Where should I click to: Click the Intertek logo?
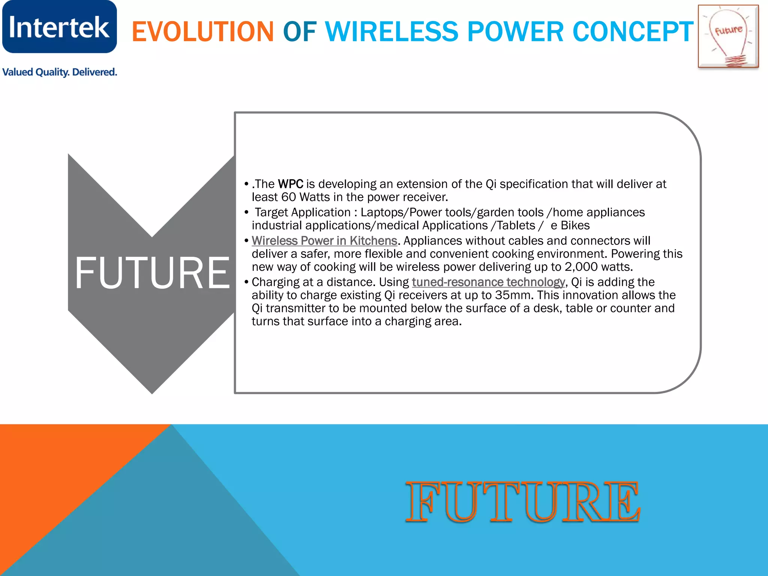[x=59, y=27]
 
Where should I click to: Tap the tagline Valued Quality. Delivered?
[x=60, y=72]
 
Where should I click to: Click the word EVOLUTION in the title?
[x=203, y=31]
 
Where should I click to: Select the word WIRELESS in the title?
[x=391, y=31]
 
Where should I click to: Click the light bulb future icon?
[x=728, y=36]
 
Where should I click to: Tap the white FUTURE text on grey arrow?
[x=152, y=273]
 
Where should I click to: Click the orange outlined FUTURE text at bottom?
[x=523, y=502]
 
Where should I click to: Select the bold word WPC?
[x=291, y=184]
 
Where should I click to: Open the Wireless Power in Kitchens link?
[x=324, y=241]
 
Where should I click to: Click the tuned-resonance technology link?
[x=488, y=282]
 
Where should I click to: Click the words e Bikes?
[x=570, y=226]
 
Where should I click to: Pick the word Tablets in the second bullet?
[x=516, y=226]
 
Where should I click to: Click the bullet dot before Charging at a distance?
[x=246, y=282]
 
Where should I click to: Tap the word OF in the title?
[x=299, y=31]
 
